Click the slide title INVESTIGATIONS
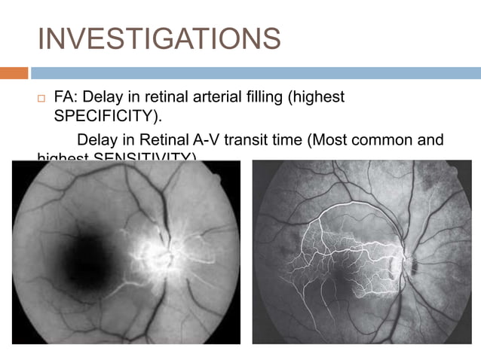(158, 38)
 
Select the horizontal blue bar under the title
(256, 73)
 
